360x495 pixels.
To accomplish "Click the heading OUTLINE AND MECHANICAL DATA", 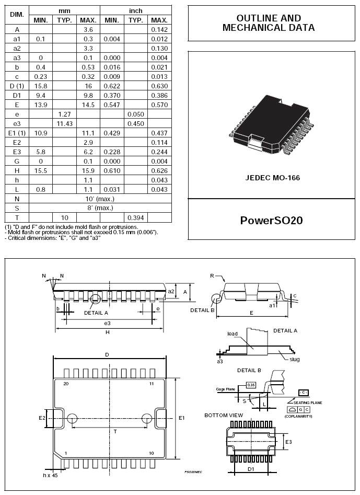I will (269, 23).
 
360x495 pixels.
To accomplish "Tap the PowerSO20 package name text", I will (271, 220).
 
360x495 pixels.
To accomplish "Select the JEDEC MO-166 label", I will (272, 178).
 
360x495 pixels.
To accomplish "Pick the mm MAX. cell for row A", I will (88, 30).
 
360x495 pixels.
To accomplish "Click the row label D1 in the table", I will (17, 96).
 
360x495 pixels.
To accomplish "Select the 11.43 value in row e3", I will (64, 124).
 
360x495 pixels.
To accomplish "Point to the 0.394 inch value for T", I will (135, 217).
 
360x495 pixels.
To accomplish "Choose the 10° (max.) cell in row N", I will (100, 199).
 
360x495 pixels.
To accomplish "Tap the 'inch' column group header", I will (135, 10).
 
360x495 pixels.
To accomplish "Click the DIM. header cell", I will (17, 15).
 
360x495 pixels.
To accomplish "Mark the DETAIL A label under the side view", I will (96, 313).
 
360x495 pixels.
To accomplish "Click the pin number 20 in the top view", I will (66, 384).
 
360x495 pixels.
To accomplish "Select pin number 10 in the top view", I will (151, 453).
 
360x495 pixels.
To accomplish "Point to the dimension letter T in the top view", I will (115, 432).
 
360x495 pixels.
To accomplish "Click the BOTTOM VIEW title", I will (224, 415).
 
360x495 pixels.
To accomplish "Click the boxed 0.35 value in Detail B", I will (252, 385).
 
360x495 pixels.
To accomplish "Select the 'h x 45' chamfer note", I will (51, 475).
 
